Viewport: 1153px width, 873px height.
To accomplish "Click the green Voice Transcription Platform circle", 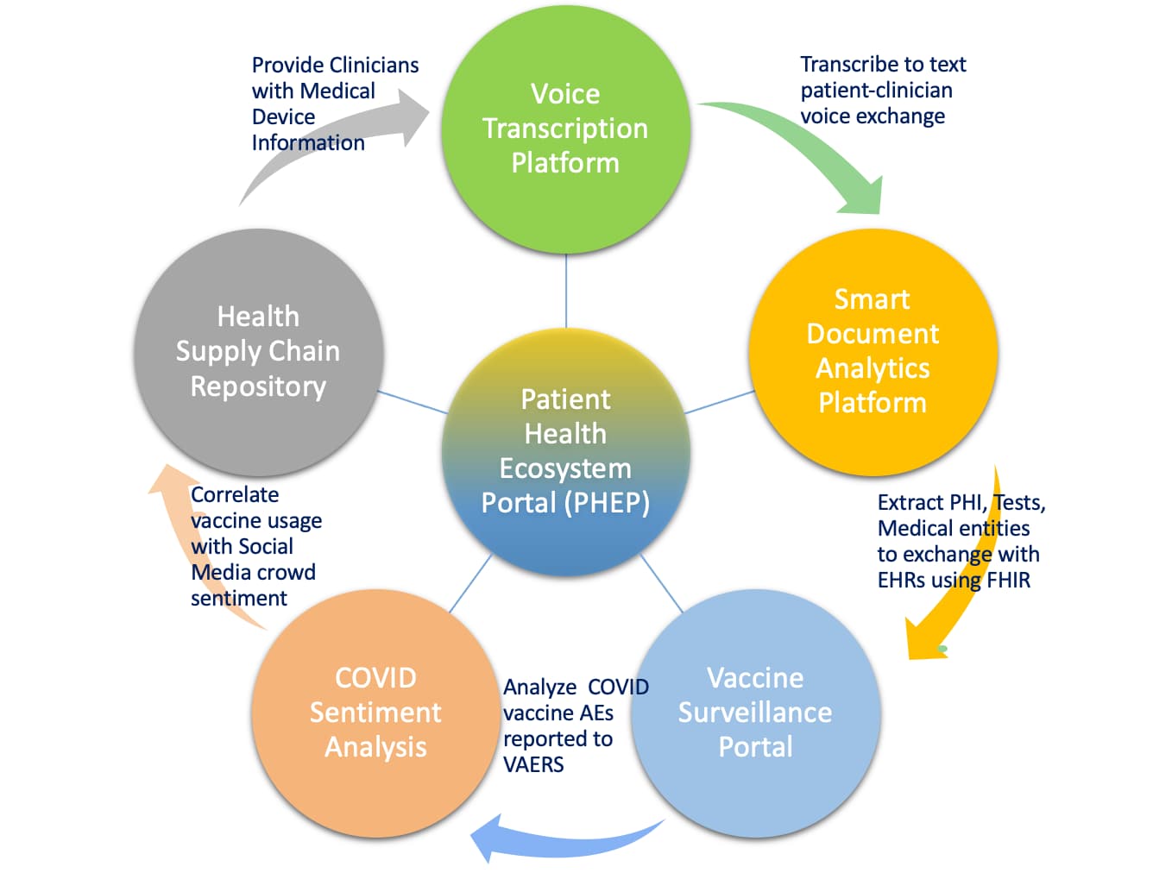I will coord(565,129).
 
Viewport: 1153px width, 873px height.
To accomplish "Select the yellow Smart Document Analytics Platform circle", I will coord(873,352).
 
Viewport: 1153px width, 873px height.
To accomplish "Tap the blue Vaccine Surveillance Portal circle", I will coord(755,713).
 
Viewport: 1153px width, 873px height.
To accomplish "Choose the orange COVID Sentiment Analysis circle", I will coord(375,713).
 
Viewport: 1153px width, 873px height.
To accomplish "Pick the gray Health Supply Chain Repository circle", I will coord(258,352).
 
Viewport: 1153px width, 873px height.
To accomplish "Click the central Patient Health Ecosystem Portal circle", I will coord(565,451).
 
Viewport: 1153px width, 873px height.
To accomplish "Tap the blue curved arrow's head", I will coord(488,838).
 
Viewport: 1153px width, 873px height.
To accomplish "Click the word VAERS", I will coord(533,765).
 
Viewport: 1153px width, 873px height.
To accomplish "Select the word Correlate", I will coord(235,495).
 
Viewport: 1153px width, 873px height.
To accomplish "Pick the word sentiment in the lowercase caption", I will coord(239,599).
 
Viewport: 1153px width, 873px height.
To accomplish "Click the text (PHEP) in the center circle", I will coord(608,503).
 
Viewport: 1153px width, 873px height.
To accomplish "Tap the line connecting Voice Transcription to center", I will coord(566,291).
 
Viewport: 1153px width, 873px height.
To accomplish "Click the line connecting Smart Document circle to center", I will coord(720,402).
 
